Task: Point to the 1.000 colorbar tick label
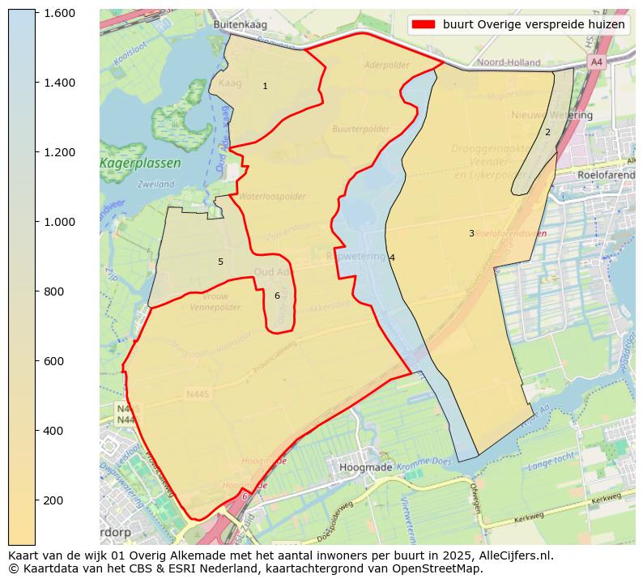(x=59, y=222)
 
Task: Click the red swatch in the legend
(x=424, y=24)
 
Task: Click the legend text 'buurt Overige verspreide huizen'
(x=534, y=24)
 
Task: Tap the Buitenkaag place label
(x=240, y=25)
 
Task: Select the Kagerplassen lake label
(x=141, y=164)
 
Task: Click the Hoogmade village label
(x=366, y=467)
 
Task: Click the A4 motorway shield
(x=597, y=62)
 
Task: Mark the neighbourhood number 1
(x=265, y=86)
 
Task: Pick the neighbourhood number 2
(x=547, y=132)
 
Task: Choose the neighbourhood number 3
(x=471, y=233)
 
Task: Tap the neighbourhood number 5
(x=220, y=262)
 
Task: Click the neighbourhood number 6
(x=277, y=296)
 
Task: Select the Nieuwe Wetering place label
(x=551, y=115)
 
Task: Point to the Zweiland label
(x=156, y=185)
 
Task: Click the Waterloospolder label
(x=272, y=197)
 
